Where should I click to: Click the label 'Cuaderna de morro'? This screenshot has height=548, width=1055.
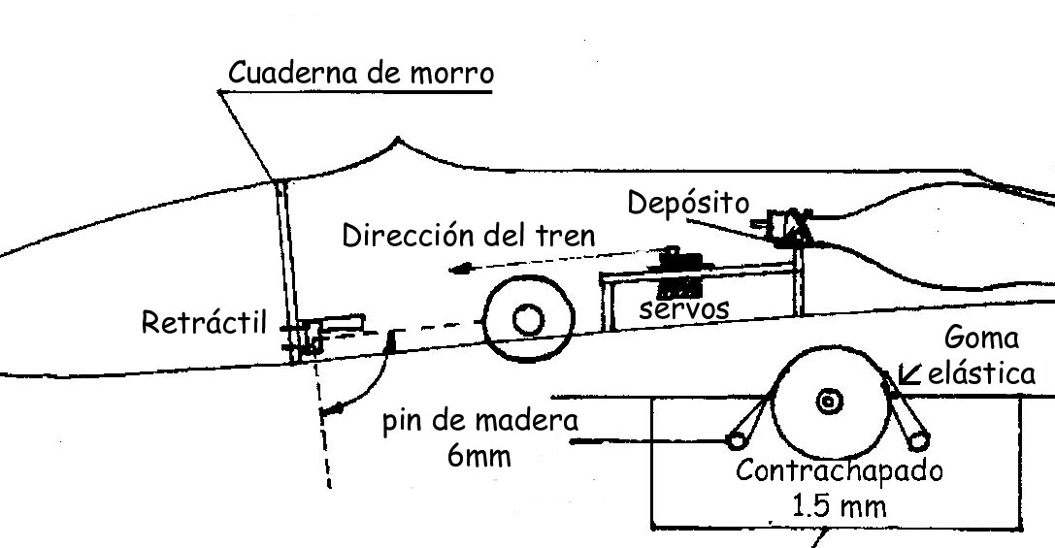click(360, 74)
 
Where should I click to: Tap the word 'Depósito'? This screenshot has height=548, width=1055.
click(688, 204)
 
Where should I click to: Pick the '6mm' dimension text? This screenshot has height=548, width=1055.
click(478, 454)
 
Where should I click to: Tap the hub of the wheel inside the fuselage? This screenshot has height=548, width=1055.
click(529, 319)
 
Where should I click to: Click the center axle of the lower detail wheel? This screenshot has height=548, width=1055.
click(828, 401)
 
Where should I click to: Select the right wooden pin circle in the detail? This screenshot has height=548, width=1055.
click(916, 441)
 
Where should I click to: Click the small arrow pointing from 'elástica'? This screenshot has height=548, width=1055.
click(909, 373)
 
